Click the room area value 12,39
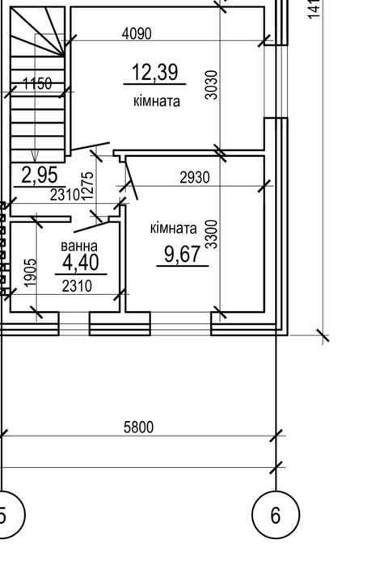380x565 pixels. coord(154,72)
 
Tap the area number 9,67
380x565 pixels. coord(182,254)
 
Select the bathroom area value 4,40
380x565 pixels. coord(80,262)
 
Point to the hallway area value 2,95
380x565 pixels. coord(40,175)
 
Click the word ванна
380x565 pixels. coord(79,246)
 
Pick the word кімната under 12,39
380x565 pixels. coord(157,101)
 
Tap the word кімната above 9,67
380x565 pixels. coord(173,228)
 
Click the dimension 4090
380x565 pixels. coord(137,33)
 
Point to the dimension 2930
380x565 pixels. coord(194,177)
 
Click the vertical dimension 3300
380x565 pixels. coord(211,234)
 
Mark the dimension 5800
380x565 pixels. coord(138,428)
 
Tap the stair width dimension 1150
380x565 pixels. coord(37,83)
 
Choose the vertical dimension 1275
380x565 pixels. coord(87,186)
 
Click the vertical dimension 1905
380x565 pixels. coord(31,272)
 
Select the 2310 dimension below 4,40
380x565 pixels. coord(77,286)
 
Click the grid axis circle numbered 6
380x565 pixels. coord(276,515)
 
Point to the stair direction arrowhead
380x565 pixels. coord(35,156)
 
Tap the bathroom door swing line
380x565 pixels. coord(91,227)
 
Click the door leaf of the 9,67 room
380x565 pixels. coord(131,180)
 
